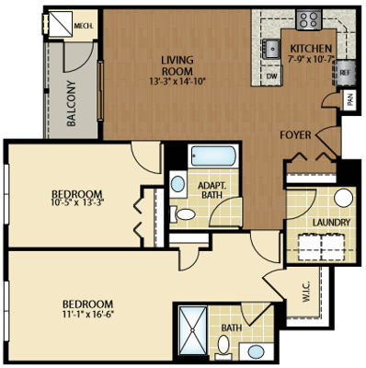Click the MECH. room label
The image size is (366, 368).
tap(84, 26)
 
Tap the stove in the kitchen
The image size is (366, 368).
tap(308, 19)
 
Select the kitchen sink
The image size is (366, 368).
tap(271, 49)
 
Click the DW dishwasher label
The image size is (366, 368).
tap(272, 76)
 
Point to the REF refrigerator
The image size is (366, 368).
tap(344, 73)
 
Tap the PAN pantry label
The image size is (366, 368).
tap(350, 99)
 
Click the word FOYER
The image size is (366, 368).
tap(295, 135)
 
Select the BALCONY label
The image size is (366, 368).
tap(72, 103)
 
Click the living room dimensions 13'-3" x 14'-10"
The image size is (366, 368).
tap(177, 82)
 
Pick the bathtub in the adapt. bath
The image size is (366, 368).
tap(212, 156)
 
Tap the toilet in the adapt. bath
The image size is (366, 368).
tap(183, 214)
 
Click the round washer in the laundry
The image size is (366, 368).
tap(343, 198)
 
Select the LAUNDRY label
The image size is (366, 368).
tap(331, 223)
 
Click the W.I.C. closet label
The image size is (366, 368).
tap(307, 292)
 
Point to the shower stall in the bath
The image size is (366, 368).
tap(193, 330)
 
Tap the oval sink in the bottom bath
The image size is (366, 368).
tap(256, 351)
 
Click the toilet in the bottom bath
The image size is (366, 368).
tap(223, 347)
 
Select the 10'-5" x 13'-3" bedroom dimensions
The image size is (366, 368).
tap(77, 202)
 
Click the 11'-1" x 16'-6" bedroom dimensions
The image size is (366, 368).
tap(87, 314)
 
